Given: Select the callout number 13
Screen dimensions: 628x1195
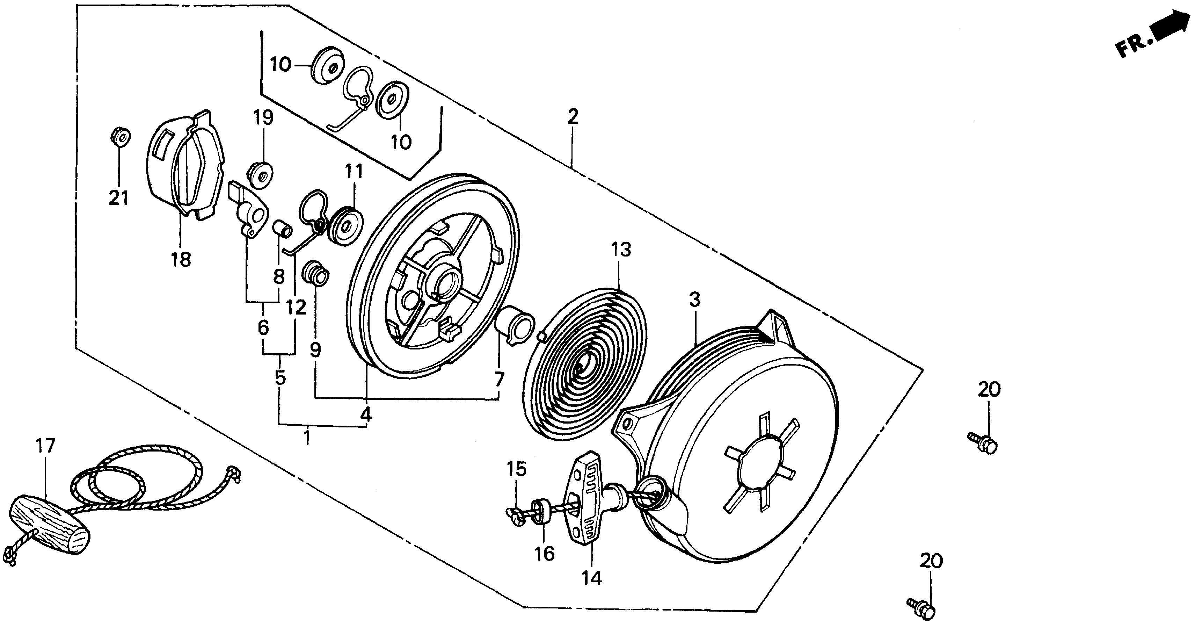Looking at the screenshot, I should pos(621,250).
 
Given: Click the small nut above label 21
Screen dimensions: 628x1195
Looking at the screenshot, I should pos(120,136).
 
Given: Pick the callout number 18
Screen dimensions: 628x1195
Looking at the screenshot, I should pos(181,259).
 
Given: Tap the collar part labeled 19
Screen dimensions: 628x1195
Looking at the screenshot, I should pos(261,175).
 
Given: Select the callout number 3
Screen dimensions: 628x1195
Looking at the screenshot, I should pos(694,300).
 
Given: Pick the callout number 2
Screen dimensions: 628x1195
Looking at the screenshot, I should pos(573,116).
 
